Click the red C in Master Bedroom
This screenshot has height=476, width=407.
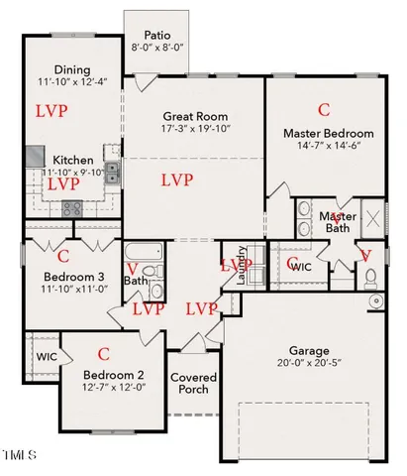click(x=324, y=108)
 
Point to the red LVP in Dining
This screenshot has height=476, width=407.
click(x=51, y=110)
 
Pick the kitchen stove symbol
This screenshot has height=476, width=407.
click(x=72, y=208)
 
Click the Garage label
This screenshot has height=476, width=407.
click(x=308, y=350)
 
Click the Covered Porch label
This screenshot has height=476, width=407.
click(x=193, y=385)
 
